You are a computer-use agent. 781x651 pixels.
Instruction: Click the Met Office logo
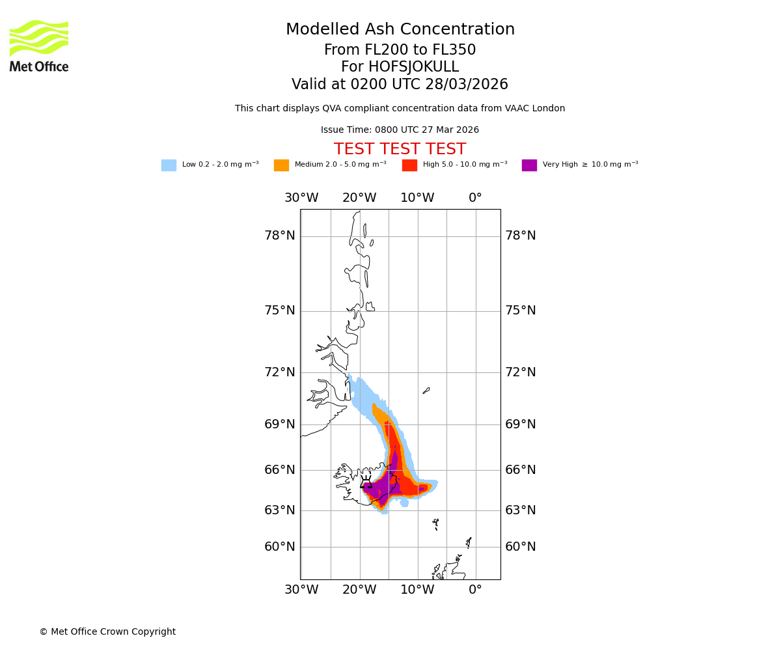[x=39, y=46]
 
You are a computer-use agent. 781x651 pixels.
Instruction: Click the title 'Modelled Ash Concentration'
[x=400, y=30]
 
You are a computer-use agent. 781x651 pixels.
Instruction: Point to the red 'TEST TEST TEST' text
[x=400, y=150]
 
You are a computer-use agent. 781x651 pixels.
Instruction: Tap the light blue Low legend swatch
[x=169, y=165]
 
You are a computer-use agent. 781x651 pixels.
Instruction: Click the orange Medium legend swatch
[x=281, y=165]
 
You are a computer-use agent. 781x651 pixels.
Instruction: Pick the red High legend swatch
[x=409, y=165]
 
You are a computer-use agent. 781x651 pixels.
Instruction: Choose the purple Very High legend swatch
[x=529, y=165]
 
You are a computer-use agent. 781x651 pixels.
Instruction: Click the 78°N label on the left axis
[x=279, y=236]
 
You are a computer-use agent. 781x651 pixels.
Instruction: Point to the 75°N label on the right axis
[x=521, y=311]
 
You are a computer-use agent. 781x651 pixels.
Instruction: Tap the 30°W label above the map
[x=301, y=198]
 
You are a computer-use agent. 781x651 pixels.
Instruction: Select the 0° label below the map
[x=476, y=590]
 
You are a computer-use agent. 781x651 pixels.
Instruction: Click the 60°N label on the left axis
[x=279, y=547]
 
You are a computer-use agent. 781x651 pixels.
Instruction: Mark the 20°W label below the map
[x=359, y=590]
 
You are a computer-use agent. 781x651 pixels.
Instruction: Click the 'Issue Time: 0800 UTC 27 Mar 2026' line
[x=400, y=130]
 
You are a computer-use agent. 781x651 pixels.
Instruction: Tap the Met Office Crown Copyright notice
[x=107, y=632]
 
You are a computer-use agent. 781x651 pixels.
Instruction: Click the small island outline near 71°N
[x=426, y=391]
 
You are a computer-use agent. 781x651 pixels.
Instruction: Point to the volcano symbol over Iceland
[x=366, y=483]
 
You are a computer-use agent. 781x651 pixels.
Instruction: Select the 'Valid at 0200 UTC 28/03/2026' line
[x=400, y=85]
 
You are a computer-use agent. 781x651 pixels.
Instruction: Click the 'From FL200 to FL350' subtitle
[x=400, y=50]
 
